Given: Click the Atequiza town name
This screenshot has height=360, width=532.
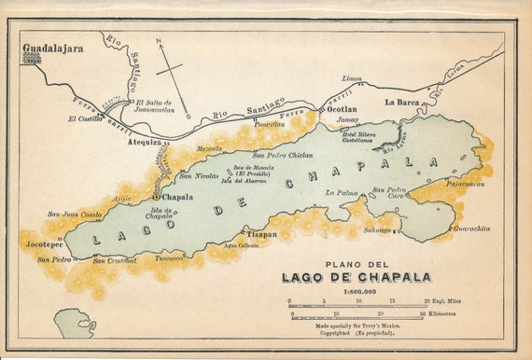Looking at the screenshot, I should pos(144,143).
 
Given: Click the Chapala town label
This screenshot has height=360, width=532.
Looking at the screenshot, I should pos(178,198).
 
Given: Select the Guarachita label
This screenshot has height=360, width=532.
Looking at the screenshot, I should pos(471,228).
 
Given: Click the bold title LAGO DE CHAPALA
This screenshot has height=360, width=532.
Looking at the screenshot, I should pos(357,277).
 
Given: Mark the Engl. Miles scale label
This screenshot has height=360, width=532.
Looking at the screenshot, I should pos(446,301).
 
